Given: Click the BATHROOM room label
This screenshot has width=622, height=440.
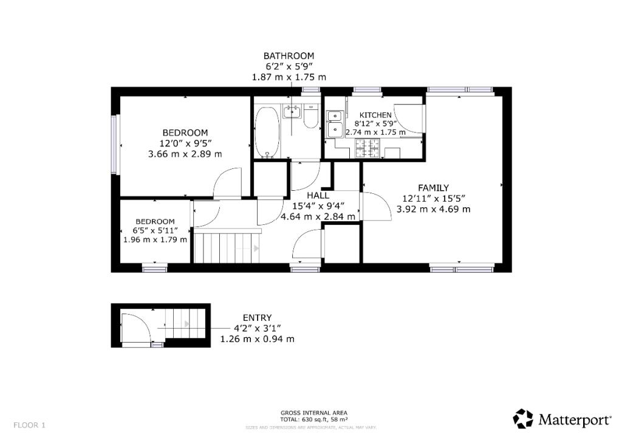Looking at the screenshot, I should click(x=289, y=56).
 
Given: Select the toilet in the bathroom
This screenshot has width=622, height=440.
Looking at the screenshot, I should click(x=310, y=117).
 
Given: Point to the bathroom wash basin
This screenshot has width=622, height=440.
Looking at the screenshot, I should click(x=292, y=111).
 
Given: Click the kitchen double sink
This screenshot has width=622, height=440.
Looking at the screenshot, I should click(x=334, y=123).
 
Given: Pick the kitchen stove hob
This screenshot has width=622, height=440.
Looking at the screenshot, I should click(x=367, y=146).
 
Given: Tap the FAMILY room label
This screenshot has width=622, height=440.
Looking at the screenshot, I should click(x=433, y=188).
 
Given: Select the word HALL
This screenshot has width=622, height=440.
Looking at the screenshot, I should click(x=318, y=196).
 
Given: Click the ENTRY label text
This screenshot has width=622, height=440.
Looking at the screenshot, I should click(x=257, y=318).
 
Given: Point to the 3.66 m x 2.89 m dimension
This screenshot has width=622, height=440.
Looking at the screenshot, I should click(x=185, y=154).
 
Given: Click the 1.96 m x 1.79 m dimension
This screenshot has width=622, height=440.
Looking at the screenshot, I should click(x=155, y=239).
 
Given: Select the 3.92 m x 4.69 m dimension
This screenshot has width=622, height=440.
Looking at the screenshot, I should click(x=433, y=209).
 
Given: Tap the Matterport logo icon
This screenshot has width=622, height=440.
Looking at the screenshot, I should click(x=523, y=418).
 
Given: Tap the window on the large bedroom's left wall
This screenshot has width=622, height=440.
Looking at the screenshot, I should click(x=114, y=144).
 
